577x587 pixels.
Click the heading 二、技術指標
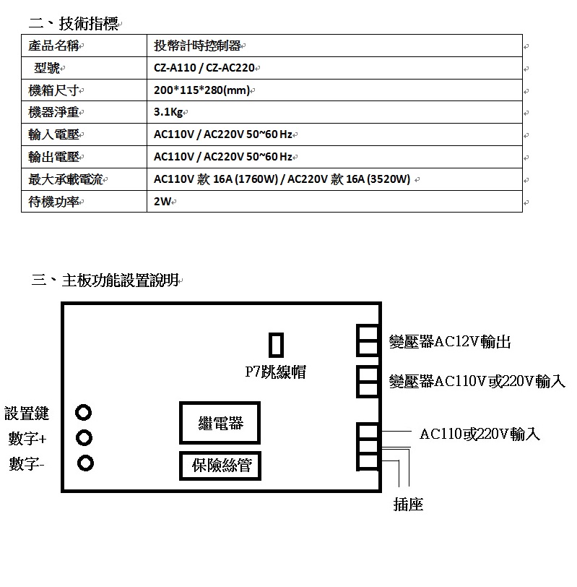[x=73, y=24]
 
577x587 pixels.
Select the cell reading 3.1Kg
[x=168, y=112]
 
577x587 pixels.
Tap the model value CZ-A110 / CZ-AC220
[x=204, y=68]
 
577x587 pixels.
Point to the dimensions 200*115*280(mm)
[x=201, y=90]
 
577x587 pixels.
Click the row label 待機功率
[x=54, y=202]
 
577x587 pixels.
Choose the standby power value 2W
[x=162, y=202]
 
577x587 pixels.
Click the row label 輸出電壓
[x=54, y=157]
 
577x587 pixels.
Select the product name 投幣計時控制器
[x=197, y=46]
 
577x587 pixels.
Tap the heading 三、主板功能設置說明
[x=105, y=280]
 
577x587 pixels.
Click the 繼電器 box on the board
[x=220, y=423]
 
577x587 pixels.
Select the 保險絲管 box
[x=220, y=466]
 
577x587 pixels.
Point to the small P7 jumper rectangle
[x=277, y=345]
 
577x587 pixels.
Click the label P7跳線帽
[x=276, y=372]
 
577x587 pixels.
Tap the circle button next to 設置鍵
[x=83, y=413]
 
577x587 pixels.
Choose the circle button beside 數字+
[x=84, y=437]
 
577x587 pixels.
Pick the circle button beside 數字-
[x=85, y=463]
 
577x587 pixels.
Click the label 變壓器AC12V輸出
[x=450, y=341]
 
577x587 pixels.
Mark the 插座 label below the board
[x=408, y=505]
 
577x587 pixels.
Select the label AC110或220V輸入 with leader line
[x=480, y=434]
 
